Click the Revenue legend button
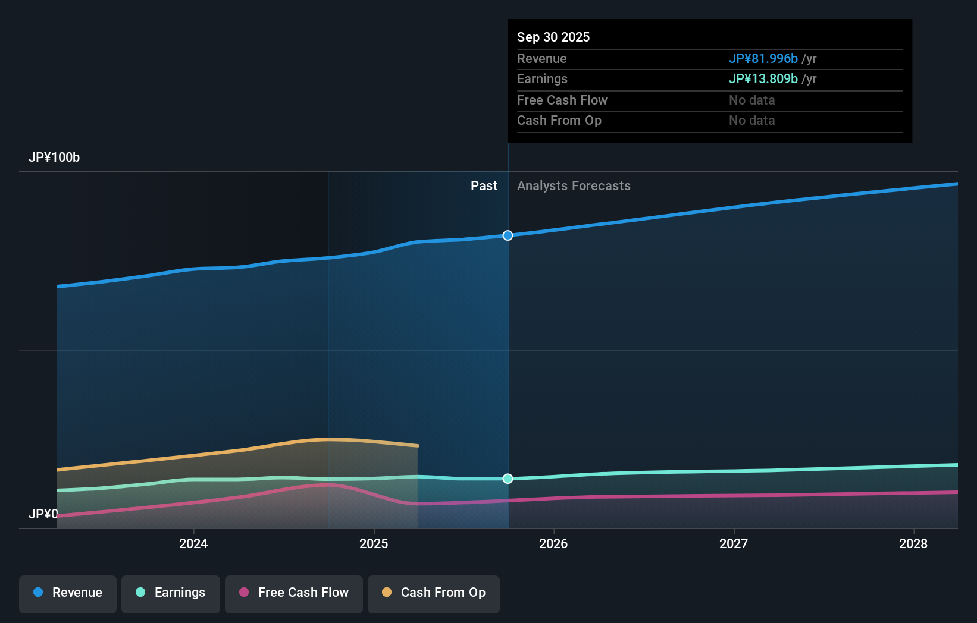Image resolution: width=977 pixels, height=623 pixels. point(68,593)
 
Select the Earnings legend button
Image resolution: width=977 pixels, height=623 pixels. point(170,593)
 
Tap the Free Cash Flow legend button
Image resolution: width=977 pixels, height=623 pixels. point(293,593)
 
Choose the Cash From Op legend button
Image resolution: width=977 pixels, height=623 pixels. point(433,593)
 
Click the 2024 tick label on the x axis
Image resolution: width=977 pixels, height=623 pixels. point(193,543)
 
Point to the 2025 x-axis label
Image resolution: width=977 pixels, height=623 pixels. point(374,543)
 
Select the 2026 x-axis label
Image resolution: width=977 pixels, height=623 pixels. point(553,543)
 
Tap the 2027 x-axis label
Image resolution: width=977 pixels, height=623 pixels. point(734,543)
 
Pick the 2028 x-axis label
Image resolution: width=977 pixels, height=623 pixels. point(913,543)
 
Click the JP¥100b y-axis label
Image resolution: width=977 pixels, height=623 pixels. point(54,158)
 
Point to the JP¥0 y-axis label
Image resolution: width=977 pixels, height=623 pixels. point(43,514)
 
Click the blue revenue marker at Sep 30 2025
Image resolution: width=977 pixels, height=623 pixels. point(508,235)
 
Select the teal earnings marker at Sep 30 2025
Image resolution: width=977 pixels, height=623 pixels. point(508,479)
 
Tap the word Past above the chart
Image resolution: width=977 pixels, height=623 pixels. point(484,186)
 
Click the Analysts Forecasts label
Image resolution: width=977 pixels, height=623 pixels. point(574,186)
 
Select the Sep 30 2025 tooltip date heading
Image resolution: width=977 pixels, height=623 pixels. point(553,37)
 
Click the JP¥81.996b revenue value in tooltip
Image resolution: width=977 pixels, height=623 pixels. point(763,59)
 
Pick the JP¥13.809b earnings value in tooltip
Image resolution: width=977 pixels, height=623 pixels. point(763,79)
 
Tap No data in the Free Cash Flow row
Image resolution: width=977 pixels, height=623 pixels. point(751,100)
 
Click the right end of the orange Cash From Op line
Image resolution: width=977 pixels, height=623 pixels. point(417,445)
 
